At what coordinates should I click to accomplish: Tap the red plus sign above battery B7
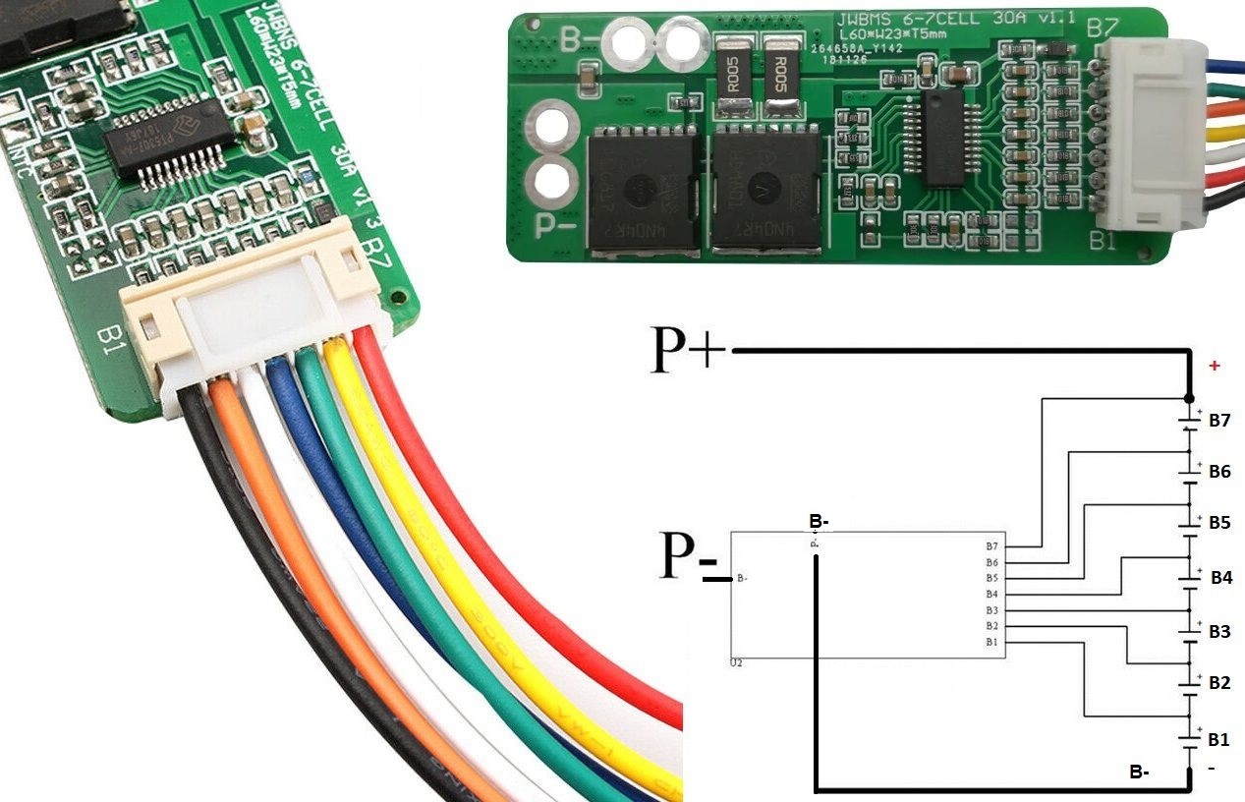(1215, 366)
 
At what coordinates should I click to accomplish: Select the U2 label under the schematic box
(737, 664)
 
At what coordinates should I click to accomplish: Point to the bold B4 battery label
(1220, 577)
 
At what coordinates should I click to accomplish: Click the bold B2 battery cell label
(1219, 682)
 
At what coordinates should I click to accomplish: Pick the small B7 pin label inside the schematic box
(991, 545)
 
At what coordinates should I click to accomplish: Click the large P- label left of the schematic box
(688, 557)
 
